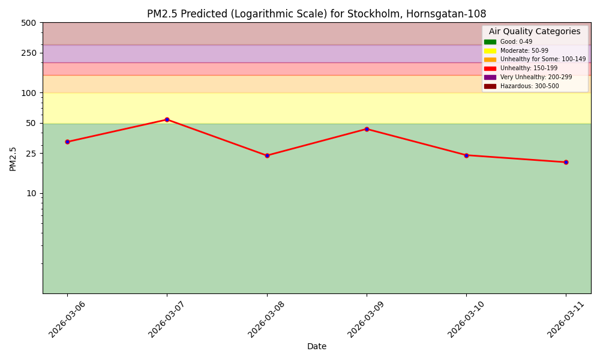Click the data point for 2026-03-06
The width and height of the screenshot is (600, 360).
(x=67, y=142)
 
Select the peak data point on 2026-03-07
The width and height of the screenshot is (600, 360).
(x=167, y=119)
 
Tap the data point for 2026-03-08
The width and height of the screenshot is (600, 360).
(x=267, y=155)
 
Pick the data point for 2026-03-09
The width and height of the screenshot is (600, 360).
(x=367, y=129)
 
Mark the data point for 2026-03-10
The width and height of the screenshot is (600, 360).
(x=466, y=155)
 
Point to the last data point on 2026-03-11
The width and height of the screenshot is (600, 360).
(x=566, y=162)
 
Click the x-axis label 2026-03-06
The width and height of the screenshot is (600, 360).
(x=67, y=319)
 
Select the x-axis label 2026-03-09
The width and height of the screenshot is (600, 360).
(x=367, y=319)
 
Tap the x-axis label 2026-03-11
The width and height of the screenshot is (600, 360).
(x=566, y=319)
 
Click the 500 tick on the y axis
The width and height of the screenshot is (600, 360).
(x=28, y=23)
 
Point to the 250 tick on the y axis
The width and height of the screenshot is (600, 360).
(x=28, y=53)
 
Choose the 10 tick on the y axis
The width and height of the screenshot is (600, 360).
(x=31, y=193)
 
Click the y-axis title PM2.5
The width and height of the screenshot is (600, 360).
(x=13, y=158)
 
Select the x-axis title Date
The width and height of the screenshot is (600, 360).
(x=317, y=346)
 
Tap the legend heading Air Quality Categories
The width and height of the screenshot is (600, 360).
(x=535, y=32)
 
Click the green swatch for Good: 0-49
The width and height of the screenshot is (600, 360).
(x=490, y=42)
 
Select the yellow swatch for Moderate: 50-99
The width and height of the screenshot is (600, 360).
(x=490, y=51)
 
